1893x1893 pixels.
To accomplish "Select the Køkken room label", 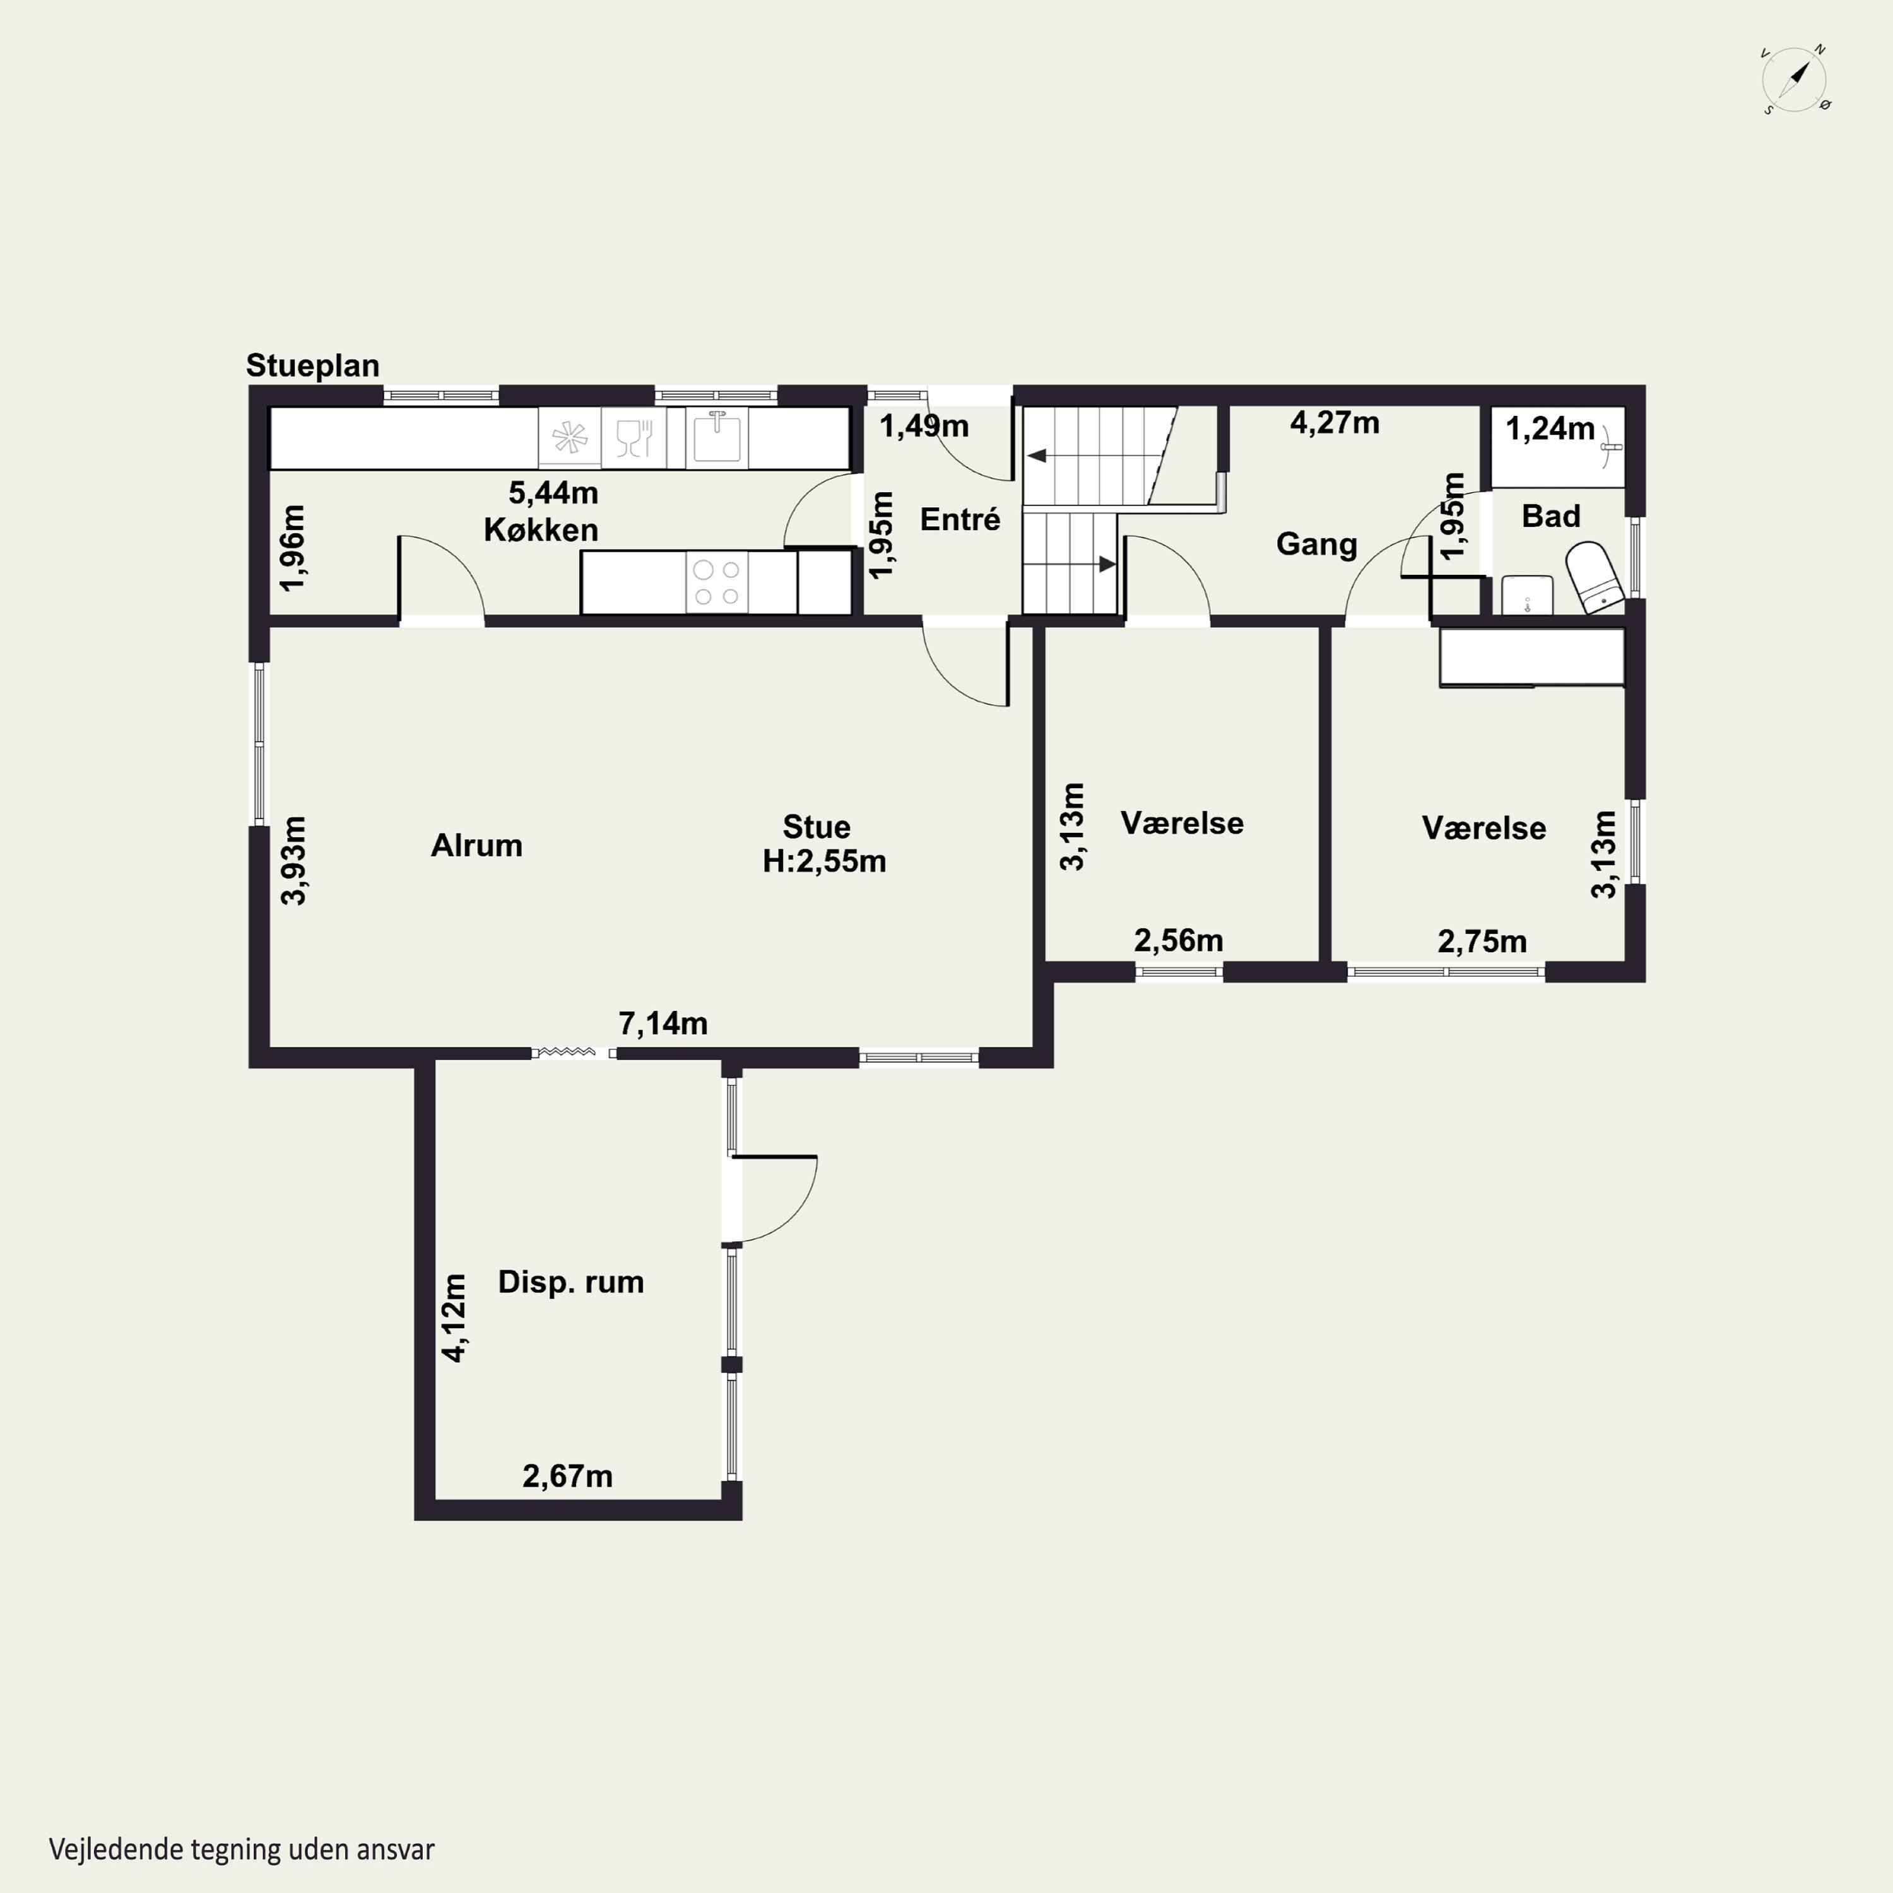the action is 541,530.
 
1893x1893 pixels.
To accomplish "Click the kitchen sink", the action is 716,437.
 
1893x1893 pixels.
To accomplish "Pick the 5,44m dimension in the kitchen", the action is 553,492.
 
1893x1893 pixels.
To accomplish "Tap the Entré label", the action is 960,519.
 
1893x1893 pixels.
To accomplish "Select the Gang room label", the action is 1317,544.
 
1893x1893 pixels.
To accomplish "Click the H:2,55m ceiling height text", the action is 825,861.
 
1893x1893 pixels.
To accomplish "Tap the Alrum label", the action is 477,846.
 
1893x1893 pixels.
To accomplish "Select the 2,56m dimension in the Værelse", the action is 1179,941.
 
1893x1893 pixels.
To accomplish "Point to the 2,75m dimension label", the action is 1482,941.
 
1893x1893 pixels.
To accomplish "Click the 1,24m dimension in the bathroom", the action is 1550,429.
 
